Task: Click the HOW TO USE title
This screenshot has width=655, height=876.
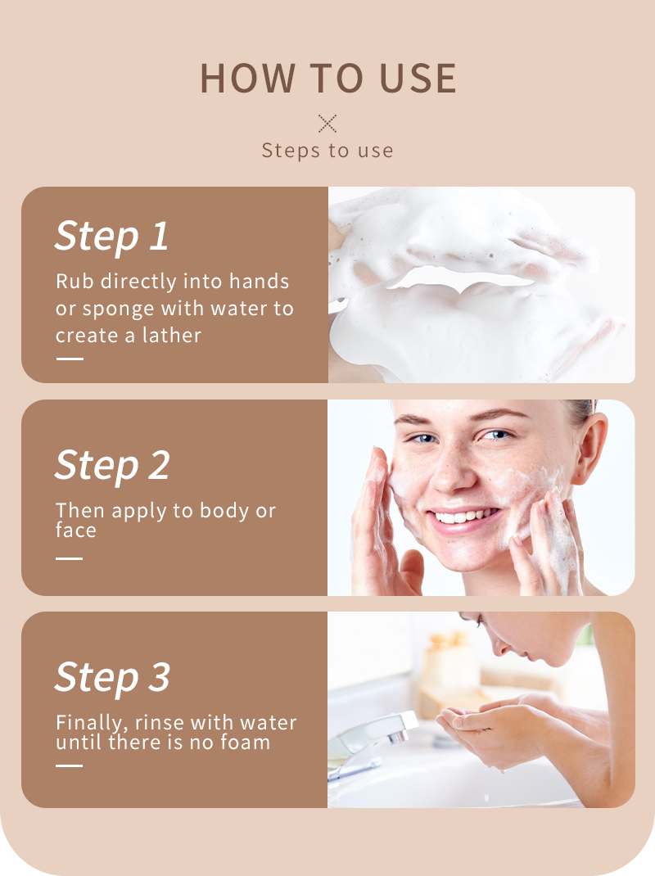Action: point(327,78)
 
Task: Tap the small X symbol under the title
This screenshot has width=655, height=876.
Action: point(327,124)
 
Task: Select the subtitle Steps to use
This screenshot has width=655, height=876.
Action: point(327,151)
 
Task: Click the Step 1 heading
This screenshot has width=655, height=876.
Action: point(111,236)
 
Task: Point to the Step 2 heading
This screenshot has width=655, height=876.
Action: point(112,465)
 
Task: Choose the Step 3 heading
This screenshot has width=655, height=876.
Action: point(112,677)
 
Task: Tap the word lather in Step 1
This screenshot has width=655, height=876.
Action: point(173,336)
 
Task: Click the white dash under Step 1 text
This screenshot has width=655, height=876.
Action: point(70,359)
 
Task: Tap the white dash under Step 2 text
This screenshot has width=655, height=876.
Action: point(70,558)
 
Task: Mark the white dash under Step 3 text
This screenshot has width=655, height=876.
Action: point(70,765)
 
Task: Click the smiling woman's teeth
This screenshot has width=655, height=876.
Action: point(466,517)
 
